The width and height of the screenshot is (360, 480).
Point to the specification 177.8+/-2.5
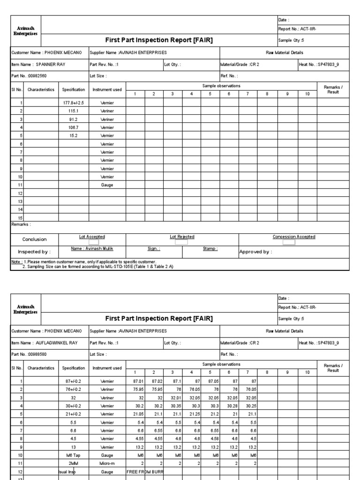click(x=74, y=102)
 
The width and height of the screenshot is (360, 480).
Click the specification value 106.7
click(x=74, y=127)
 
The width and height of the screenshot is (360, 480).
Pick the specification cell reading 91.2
click(x=74, y=119)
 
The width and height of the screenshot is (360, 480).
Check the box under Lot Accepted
click(x=94, y=243)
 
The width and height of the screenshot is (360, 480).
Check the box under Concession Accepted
click(x=289, y=243)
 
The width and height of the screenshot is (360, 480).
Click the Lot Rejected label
click(x=182, y=237)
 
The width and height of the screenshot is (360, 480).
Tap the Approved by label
click(x=256, y=252)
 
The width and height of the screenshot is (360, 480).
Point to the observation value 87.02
click(x=153, y=381)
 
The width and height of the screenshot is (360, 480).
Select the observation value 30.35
click(x=172, y=406)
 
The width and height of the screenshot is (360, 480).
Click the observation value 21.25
click(x=191, y=414)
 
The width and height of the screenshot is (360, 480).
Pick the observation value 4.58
click(x=210, y=439)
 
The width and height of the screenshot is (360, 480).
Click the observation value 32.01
click(x=172, y=397)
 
